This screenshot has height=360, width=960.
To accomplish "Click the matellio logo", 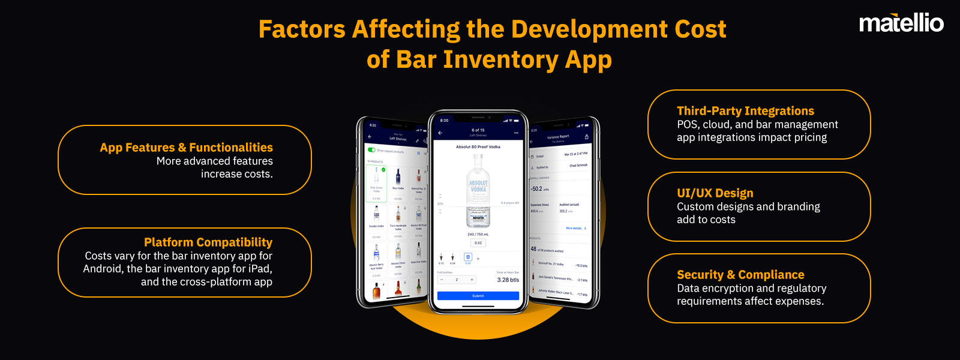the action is (x=901, y=23).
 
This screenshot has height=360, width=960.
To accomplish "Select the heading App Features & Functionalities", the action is (x=186, y=148).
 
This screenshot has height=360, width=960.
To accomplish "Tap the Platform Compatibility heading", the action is (x=208, y=242).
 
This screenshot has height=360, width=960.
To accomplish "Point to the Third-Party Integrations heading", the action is (x=745, y=111).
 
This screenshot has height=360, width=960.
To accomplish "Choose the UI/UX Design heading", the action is (x=715, y=193).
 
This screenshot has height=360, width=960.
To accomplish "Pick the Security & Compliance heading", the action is (x=740, y=275).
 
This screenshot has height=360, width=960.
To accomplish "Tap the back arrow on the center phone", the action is (x=440, y=133).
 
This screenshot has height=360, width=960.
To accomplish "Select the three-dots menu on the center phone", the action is (x=516, y=133).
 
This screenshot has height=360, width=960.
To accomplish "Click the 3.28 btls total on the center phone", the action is (x=508, y=280).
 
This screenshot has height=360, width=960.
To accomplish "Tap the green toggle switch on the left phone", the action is (x=371, y=150).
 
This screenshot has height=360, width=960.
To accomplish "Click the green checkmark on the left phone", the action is (x=383, y=170).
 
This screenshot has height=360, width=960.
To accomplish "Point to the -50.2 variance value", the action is (x=536, y=189).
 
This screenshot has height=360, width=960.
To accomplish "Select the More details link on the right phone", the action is (x=575, y=229).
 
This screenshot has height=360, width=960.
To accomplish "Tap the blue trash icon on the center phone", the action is (x=468, y=257).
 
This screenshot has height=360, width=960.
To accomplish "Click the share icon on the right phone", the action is (x=586, y=137).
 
